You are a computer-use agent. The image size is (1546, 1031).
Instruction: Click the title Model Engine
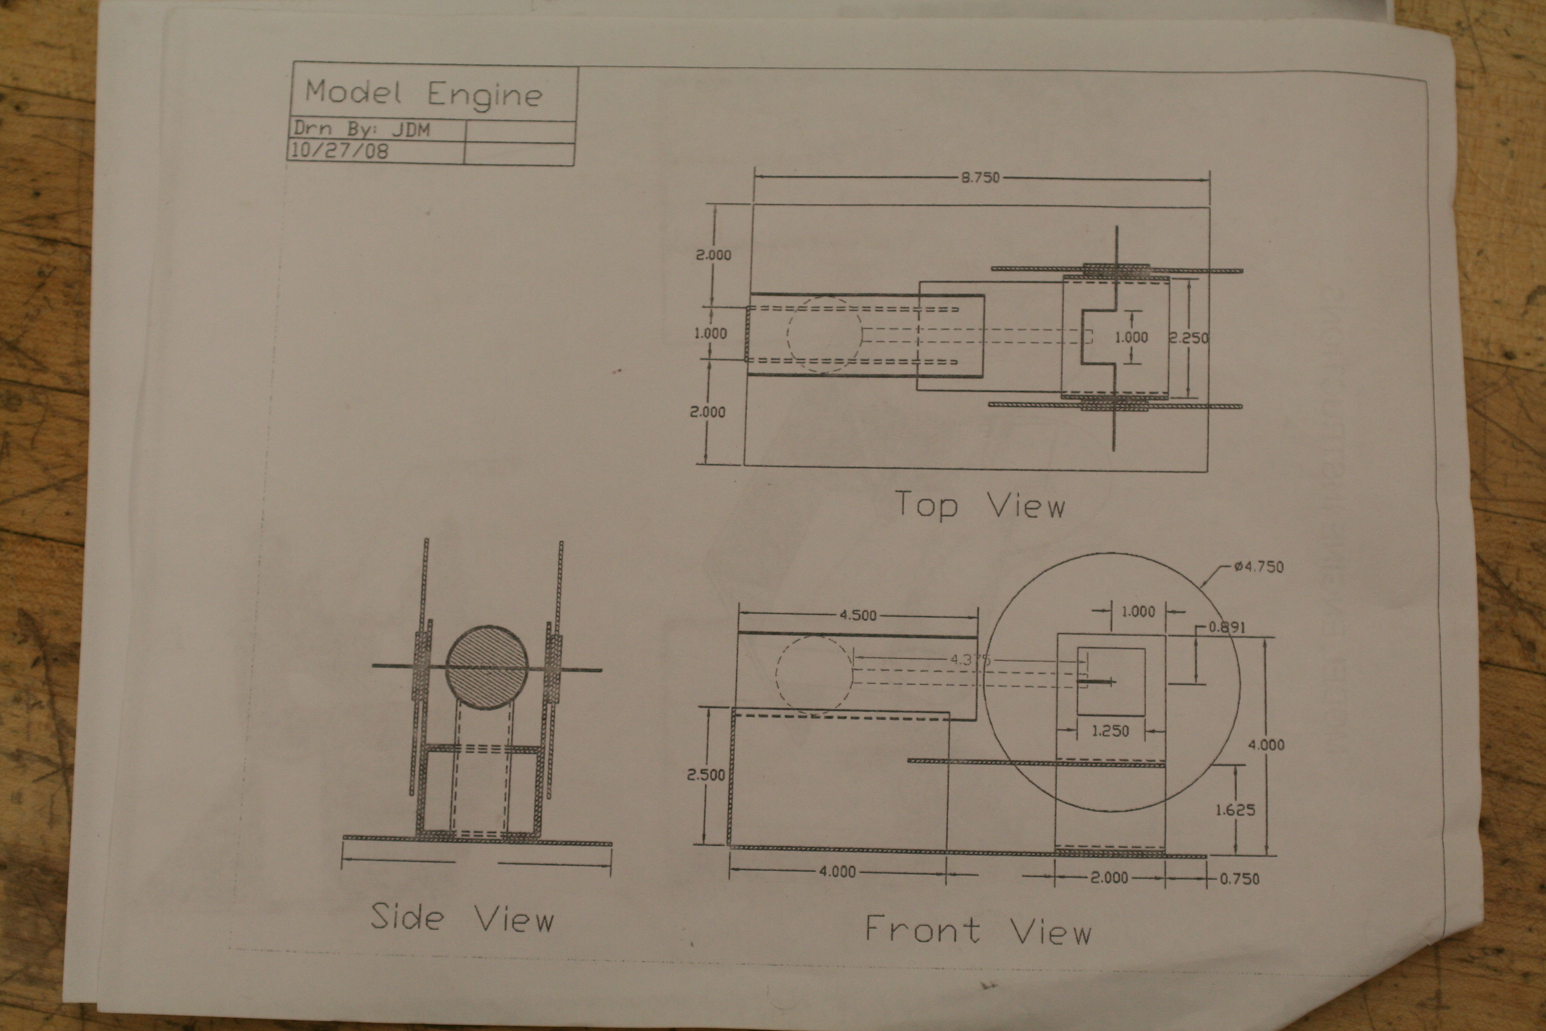[423, 94]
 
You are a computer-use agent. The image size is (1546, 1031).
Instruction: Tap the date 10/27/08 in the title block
[339, 150]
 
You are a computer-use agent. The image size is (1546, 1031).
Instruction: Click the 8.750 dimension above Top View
[980, 178]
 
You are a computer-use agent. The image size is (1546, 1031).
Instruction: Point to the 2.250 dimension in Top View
[1189, 338]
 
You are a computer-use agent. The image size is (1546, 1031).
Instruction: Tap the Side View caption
[462, 918]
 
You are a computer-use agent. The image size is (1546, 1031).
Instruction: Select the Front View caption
[978, 930]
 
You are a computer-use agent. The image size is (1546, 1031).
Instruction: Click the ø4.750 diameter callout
[1258, 567]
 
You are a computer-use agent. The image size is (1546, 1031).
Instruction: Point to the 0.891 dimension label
[1227, 626]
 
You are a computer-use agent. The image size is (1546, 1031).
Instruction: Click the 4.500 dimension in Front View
[858, 615]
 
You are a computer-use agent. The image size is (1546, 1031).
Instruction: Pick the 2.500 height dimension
[706, 775]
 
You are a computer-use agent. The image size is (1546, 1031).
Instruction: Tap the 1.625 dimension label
[1235, 810]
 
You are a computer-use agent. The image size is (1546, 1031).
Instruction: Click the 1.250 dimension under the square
[1110, 730]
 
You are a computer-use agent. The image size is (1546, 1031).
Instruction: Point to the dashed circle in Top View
[824, 334]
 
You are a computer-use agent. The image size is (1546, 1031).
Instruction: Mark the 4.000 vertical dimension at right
[1266, 745]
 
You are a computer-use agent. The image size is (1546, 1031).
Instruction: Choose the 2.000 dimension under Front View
[1109, 877]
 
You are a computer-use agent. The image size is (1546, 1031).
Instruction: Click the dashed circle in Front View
[814, 675]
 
